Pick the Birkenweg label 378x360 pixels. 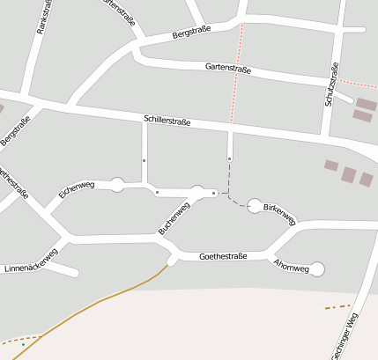tap(281, 212)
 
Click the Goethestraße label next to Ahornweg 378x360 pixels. tap(222, 256)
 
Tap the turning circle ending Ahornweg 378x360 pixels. tap(317, 268)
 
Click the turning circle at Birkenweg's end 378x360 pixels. tap(255, 206)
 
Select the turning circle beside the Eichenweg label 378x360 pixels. tap(117, 184)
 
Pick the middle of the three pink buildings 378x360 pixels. tap(349, 174)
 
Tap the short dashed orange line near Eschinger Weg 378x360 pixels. tap(336, 307)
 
